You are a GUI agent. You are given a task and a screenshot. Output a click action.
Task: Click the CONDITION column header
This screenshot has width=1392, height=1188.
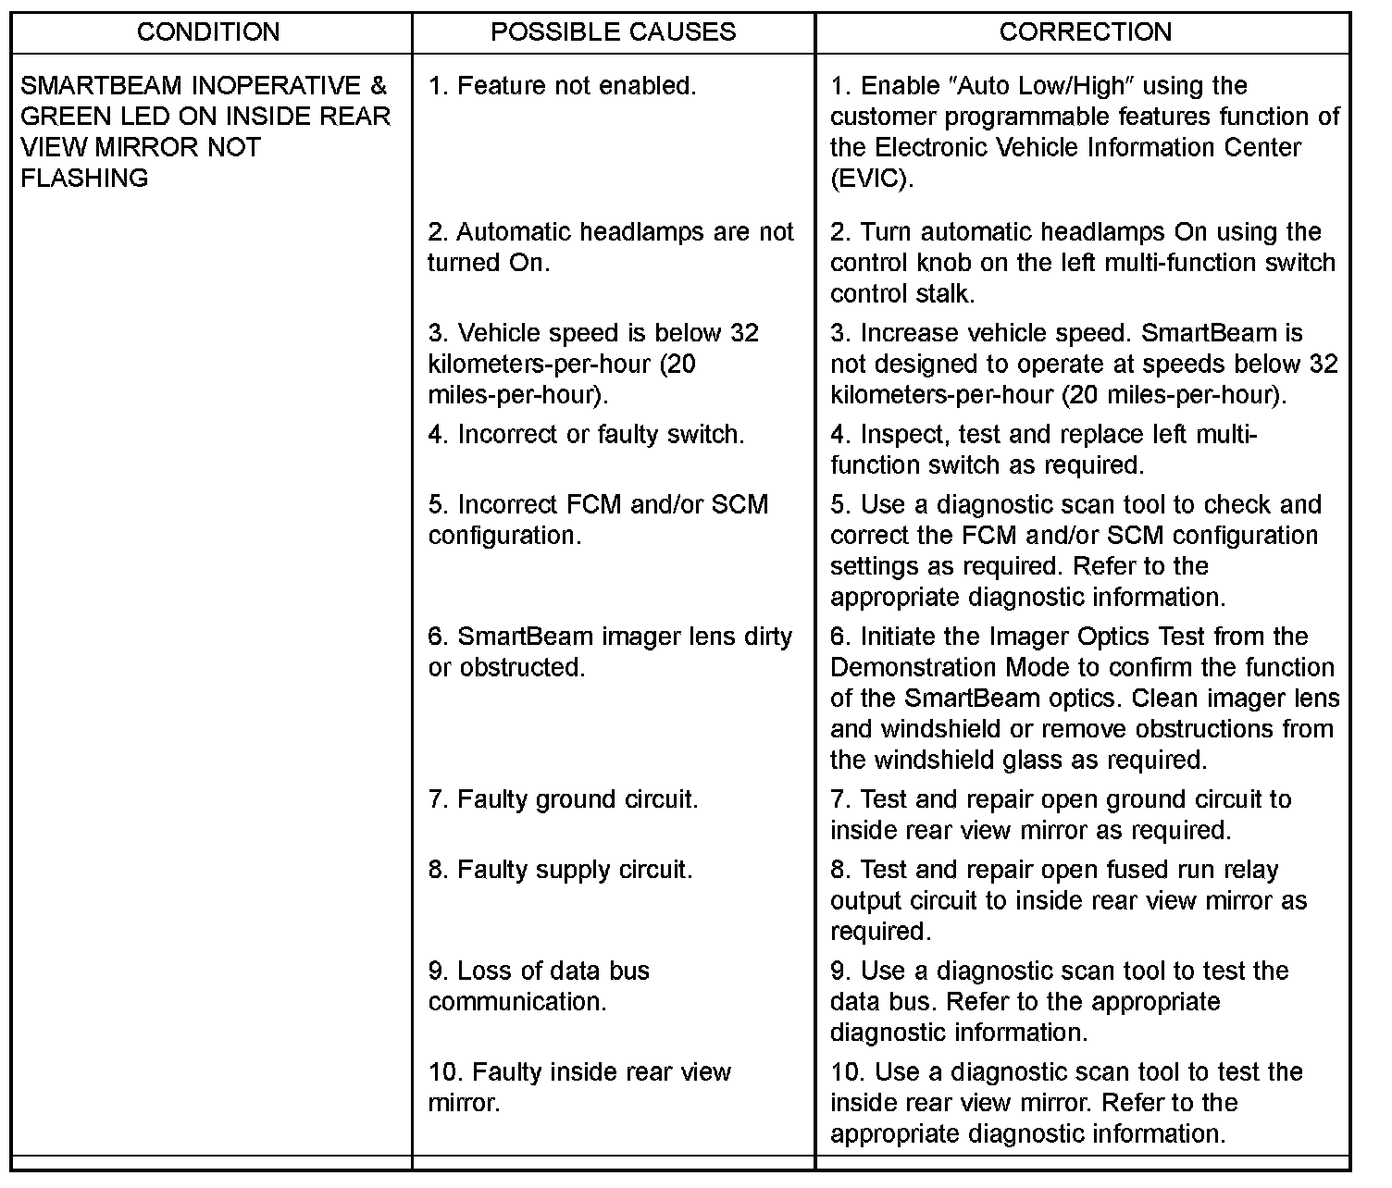[208, 32]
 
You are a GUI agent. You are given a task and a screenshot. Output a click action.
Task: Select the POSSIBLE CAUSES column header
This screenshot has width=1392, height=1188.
[613, 32]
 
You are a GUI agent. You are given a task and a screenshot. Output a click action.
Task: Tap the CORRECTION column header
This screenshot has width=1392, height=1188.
[1085, 32]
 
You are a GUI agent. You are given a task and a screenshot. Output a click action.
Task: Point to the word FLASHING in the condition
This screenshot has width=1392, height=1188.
[84, 179]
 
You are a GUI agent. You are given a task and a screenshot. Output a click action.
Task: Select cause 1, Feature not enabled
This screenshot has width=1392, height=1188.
[562, 86]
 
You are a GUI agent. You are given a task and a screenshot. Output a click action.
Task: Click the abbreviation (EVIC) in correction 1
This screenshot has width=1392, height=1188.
[872, 179]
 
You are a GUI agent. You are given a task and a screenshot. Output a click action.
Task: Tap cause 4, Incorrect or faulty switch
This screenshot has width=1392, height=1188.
[586, 434]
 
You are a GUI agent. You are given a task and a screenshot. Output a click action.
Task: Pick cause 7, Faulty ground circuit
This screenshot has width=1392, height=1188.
[563, 799]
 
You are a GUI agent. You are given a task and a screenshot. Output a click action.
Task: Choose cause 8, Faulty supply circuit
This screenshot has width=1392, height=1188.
[560, 870]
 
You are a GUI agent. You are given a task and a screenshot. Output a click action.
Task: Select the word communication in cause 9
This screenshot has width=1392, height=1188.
[517, 1002]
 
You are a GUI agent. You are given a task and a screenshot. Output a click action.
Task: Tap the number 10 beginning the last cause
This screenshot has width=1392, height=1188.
[442, 1072]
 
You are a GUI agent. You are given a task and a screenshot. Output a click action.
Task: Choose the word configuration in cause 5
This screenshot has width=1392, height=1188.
[504, 536]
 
